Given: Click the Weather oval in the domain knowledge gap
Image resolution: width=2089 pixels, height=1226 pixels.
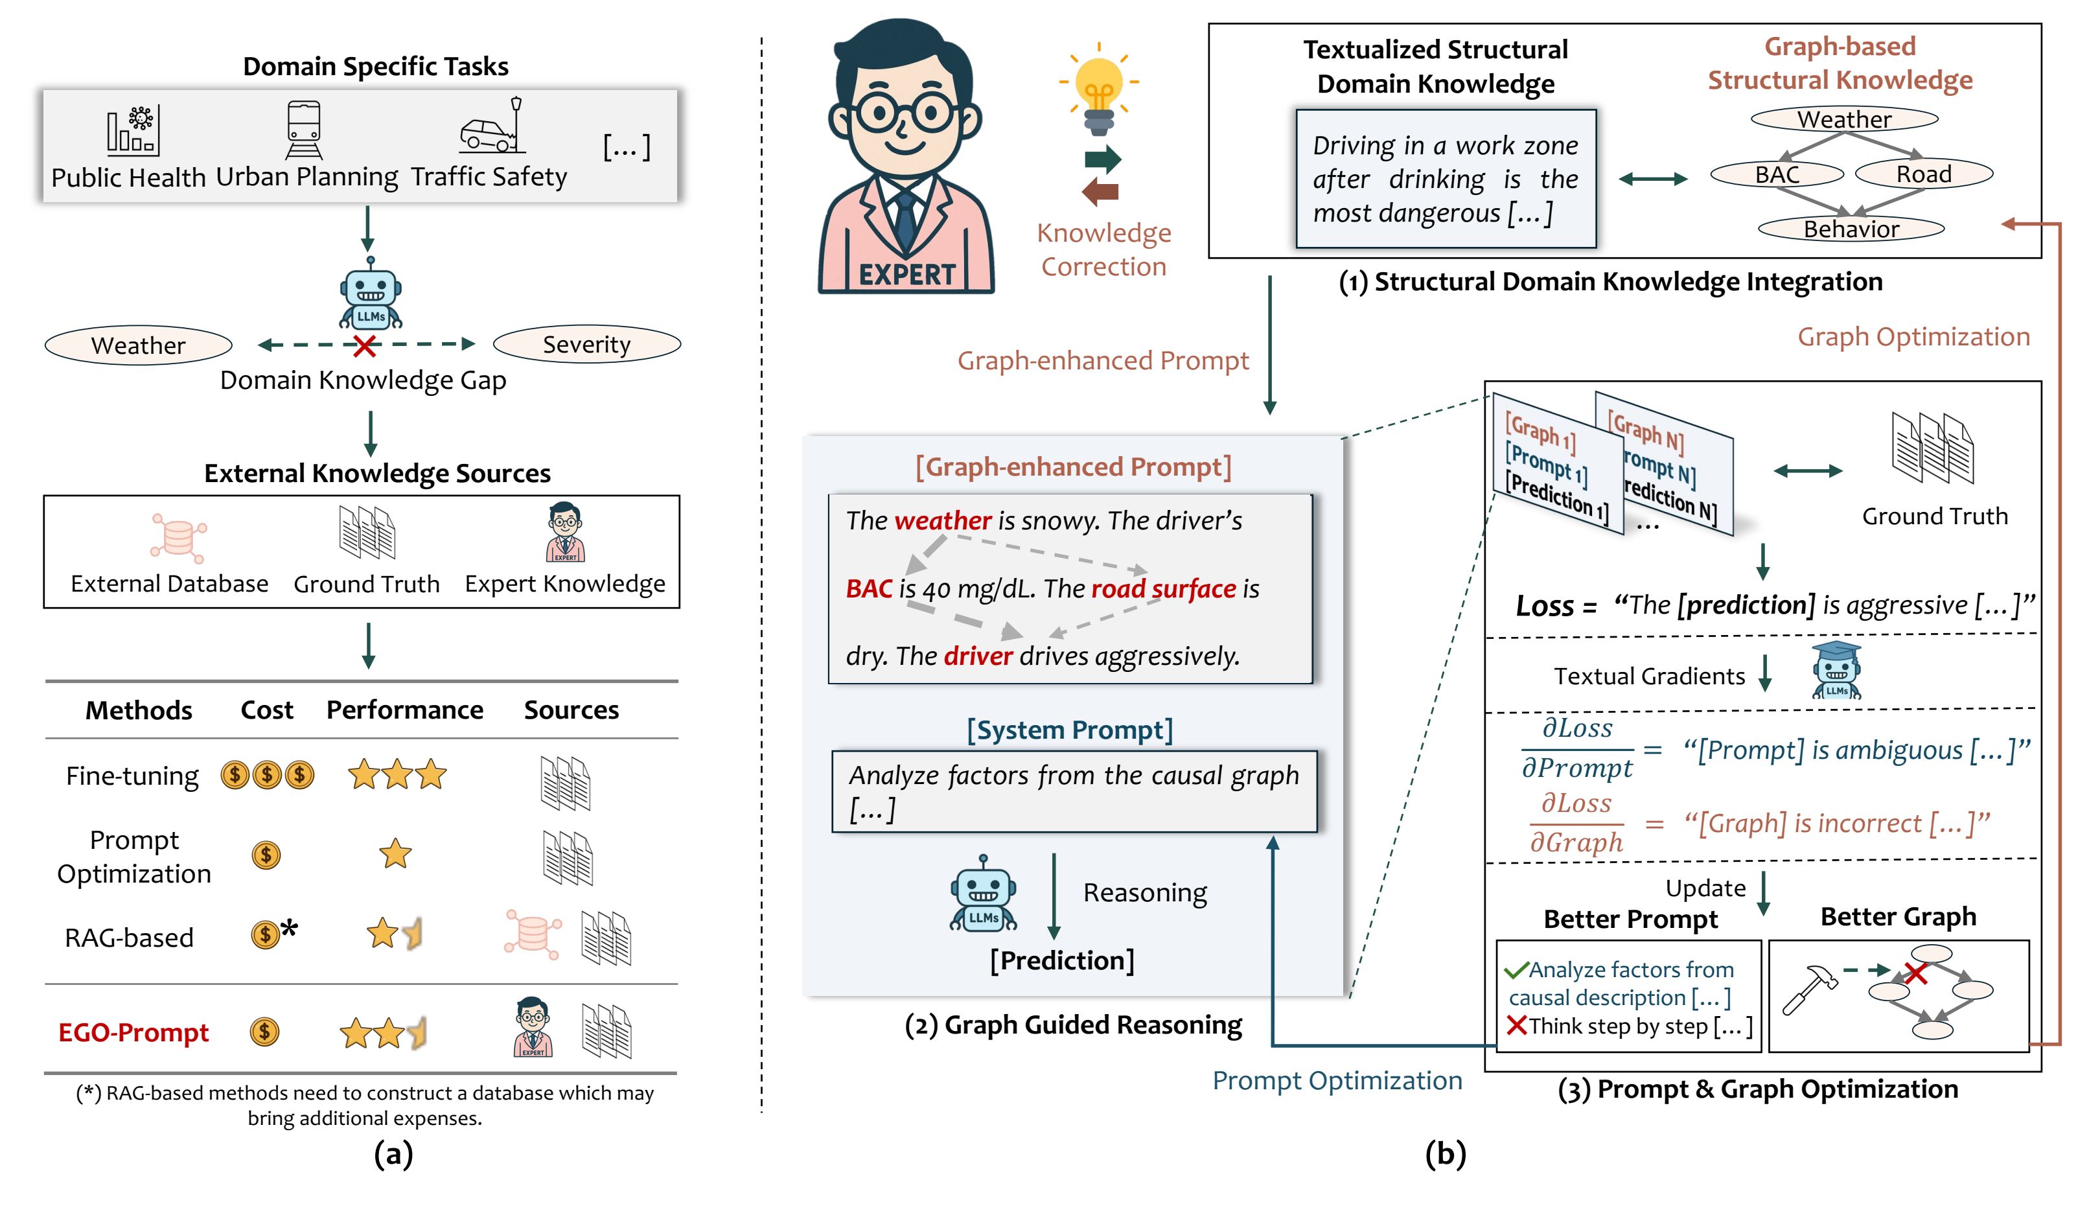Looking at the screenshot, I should pos(139,345).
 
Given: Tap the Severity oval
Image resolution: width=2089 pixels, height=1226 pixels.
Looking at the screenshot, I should pos(586,344).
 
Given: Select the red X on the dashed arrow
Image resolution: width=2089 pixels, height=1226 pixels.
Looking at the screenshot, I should pos(364,345).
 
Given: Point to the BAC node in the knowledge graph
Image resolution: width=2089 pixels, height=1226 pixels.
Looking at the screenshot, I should pos(1777,175).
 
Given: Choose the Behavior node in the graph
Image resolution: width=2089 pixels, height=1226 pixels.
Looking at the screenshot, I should pos(1851,229).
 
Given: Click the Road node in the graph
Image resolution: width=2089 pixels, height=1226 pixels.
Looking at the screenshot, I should pos(1923,174).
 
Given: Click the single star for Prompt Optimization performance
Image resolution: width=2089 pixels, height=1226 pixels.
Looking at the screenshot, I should pos(395,854).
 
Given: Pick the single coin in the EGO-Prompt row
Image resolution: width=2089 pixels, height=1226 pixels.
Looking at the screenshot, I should pos(264,1032).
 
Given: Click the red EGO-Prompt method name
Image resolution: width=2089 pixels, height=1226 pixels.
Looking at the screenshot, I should pos(133,1033).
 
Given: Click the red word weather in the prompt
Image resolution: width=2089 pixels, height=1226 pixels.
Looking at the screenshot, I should pos(943,520).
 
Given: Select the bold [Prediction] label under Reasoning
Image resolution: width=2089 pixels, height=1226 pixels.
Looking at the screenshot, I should pos(1061,960).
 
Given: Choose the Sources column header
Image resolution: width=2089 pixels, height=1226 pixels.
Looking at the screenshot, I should pos(571,710).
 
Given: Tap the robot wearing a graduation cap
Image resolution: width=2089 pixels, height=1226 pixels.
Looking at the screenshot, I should pos(1836,670).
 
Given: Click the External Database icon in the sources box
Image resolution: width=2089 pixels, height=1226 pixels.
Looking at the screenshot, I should pos(178,537).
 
